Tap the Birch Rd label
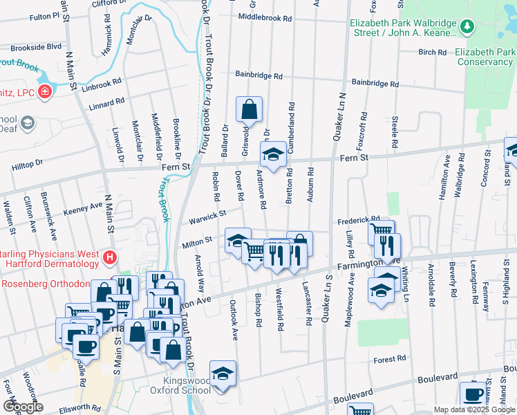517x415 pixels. point(433,52)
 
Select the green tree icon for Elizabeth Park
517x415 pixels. point(468,26)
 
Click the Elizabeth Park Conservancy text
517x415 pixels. point(483,57)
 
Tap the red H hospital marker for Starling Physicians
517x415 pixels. point(109,259)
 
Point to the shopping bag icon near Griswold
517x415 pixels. point(249,109)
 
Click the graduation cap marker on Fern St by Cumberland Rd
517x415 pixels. point(274,154)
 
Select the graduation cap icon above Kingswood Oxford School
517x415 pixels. point(223,373)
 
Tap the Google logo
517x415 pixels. point(22,406)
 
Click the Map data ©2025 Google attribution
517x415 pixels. point(474,409)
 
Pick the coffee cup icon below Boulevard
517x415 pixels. point(473,395)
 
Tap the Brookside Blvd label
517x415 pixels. point(35,47)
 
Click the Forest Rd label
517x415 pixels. point(391,359)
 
